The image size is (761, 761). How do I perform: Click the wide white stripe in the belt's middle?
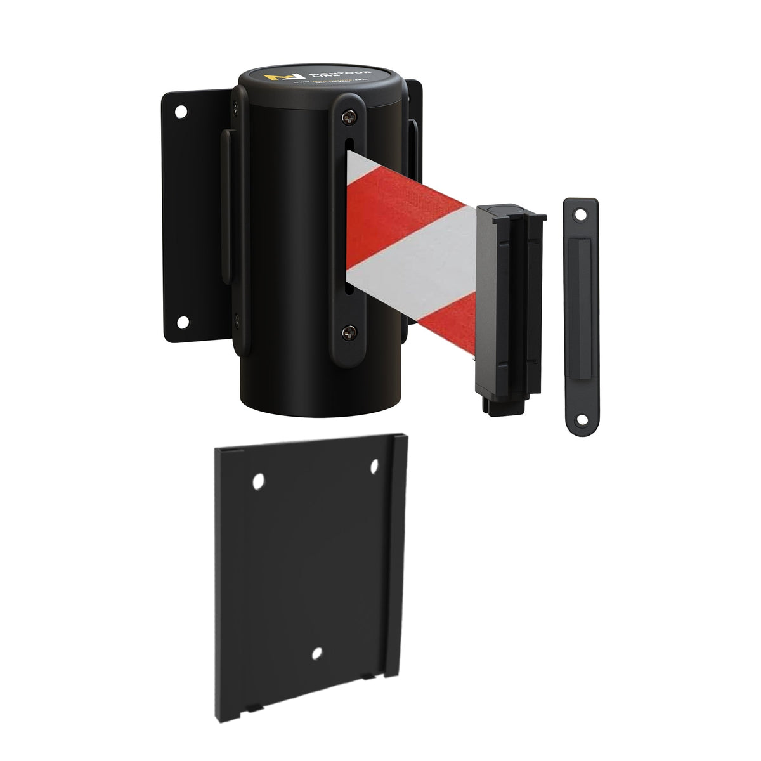412,247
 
